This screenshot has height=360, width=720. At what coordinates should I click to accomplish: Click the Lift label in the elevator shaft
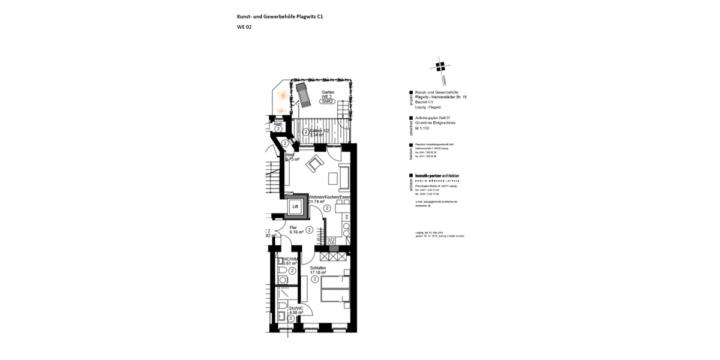[295, 207]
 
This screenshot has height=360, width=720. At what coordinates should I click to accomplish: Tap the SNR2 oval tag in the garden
[327, 102]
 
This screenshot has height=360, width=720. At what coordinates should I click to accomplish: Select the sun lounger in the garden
[302, 94]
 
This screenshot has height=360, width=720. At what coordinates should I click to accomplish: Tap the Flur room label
[293, 227]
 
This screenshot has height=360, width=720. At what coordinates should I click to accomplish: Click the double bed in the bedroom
[335, 290]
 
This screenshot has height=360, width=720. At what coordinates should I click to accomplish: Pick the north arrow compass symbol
[441, 65]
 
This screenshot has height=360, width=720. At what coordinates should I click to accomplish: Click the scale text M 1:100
[424, 128]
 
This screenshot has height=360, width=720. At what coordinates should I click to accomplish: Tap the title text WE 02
[244, 27]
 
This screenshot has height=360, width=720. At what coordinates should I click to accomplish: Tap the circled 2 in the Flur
[309, 229]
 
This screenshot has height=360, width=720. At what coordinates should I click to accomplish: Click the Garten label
[327, 92]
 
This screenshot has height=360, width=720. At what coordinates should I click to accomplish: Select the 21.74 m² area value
[316, 202]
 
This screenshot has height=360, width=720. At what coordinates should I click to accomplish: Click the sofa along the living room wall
[344, 176]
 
